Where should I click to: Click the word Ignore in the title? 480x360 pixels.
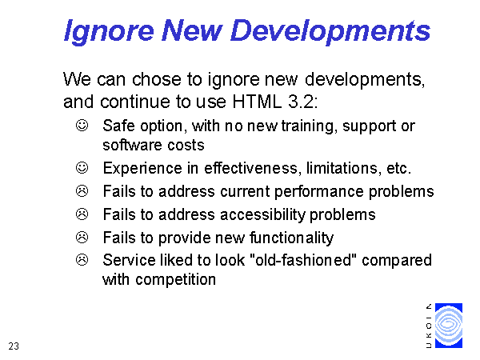[109, 31]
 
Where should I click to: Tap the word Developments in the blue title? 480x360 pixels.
[330, 31]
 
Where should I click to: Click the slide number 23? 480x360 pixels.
[14, 346]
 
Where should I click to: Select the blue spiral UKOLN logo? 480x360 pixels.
[449, 326]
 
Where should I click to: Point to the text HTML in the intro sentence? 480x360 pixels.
[257, 102]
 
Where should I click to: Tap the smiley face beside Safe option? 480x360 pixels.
[82, 126]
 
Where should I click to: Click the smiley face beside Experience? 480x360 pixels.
[82, 167]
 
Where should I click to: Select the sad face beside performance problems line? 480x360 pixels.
[82, 191]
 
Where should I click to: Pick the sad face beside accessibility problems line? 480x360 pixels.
[82, 214]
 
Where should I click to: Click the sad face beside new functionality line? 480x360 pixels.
[82, 238]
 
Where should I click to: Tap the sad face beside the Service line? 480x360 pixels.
[82, 260]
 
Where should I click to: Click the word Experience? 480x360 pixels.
[142, 169]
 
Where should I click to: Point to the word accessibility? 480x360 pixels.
[262, 215]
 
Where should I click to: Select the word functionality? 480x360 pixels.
[291, 238]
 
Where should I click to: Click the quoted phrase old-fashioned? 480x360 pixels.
[303, 260]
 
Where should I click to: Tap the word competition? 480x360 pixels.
[176, 280]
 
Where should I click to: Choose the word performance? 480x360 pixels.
[319, 192]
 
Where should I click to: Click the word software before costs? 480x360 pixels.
[127, 145]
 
